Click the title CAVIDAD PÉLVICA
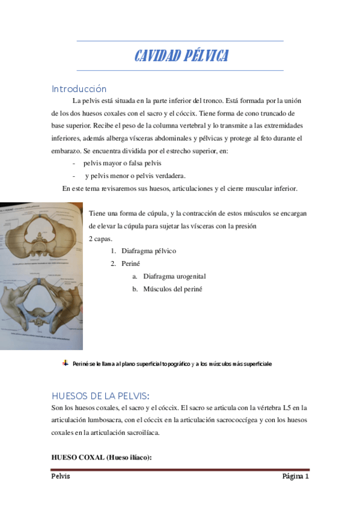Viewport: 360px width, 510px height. (180, 56)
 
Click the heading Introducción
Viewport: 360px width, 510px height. (79, 89)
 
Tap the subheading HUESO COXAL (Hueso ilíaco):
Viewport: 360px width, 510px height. (102, 457)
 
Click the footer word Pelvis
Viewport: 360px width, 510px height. (61, 476)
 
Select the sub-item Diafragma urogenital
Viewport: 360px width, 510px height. (174, 276)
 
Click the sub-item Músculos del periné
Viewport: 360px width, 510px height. (172, 289)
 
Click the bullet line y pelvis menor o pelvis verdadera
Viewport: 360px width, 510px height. (135, 176)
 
